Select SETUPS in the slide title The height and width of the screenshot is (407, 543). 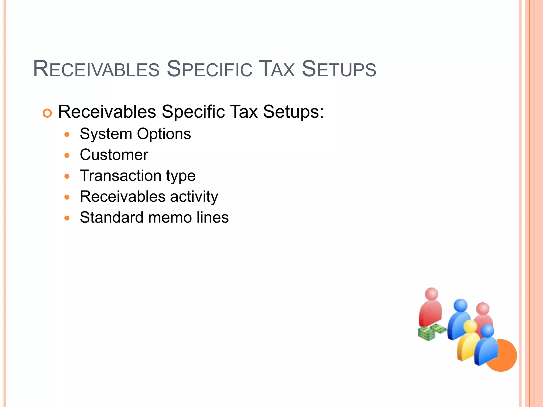pyautogui.click(x=339, y=69)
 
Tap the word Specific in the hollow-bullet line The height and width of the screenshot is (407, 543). pyautogui.click(x=193, y=112)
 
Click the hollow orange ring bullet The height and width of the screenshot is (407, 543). pyautogui.click(x=47, y=113)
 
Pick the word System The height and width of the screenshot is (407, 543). pyautogui.click(x=106, y=134)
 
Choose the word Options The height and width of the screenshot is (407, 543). pyautogui.click(x=164, y=134)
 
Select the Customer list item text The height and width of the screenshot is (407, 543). pyautogui.click(x=114, y=155)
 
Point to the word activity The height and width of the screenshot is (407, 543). pyautogui.click(x=194, y=197)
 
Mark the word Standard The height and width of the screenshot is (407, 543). pyautogui.click(x=112, y=218)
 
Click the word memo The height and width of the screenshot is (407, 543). pyautogui.click(x=170, y=218)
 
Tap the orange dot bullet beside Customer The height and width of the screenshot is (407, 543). pyautogui.click(x=67, y=156)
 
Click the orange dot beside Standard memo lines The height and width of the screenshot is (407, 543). pyautogui.click(x=67, y=218)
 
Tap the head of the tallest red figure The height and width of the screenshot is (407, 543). pyautogui.click(x=432, y=294)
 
